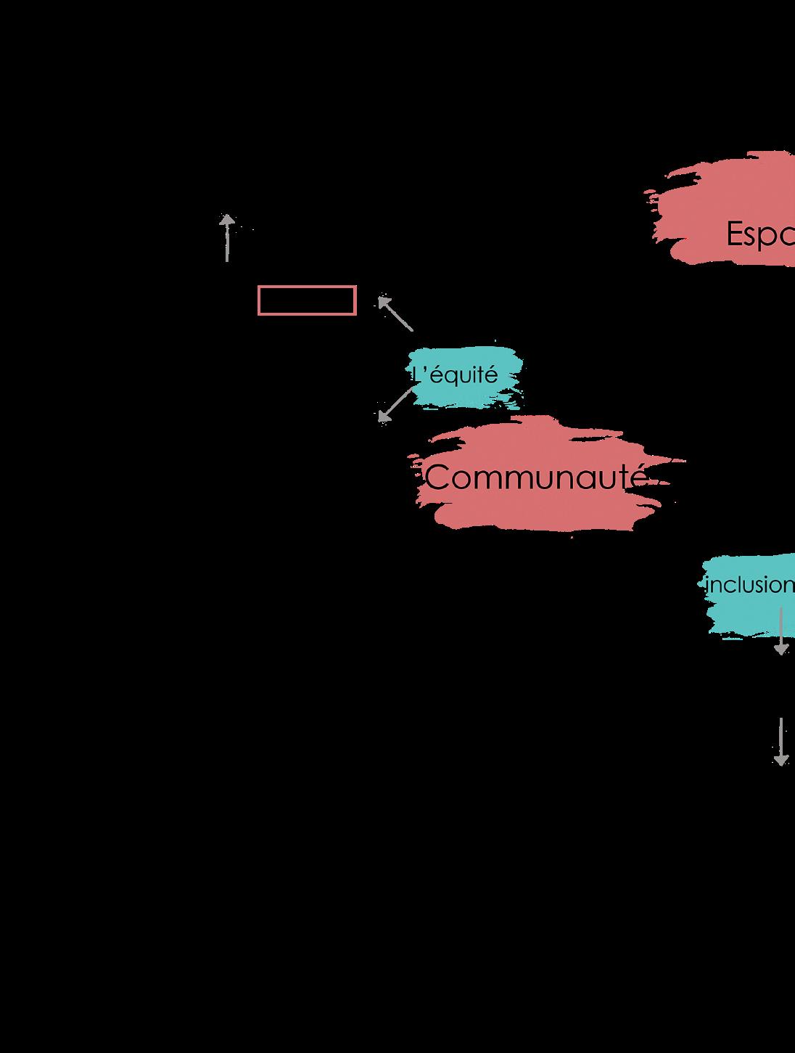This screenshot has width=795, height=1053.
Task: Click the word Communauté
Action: (535, 478)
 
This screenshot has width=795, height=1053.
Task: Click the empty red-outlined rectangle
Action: (307, 300)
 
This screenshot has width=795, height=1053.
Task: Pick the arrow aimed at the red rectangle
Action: (395, 314)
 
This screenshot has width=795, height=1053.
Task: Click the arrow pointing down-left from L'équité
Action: (395, 404)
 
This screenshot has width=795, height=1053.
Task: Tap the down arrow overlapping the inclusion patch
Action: (781, 631)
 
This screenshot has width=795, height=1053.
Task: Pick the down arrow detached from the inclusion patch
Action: (781, 742)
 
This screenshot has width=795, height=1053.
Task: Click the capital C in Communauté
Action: (437, 478)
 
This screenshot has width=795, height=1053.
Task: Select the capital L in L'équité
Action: (416, 375)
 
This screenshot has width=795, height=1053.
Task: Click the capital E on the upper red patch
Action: (736, 234)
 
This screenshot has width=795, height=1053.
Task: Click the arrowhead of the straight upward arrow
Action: (227, 220)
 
